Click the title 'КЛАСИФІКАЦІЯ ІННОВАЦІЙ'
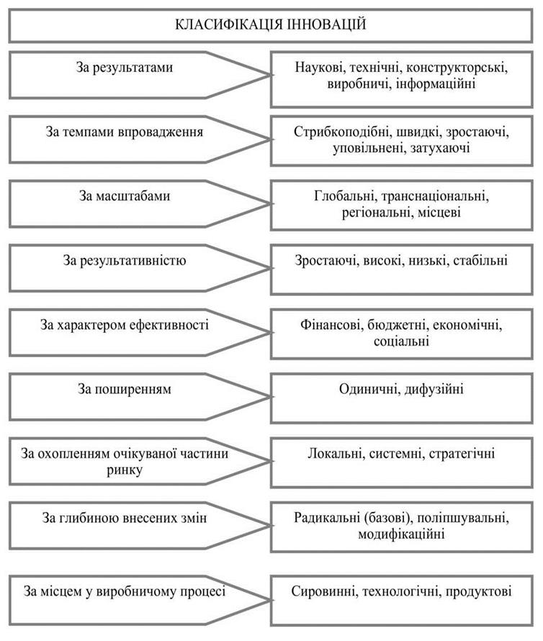tap(271, 24)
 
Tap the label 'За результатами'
tap(125, 68)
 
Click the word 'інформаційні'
tap(436, 84)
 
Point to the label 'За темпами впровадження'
tap(125, 132)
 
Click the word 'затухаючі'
tap(439, 148)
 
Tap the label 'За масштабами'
tap(125, 196)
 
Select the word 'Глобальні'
tap(346, 196)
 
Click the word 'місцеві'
tap(439, 212)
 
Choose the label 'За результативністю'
tap(125, 261)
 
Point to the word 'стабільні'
tap(480, 261)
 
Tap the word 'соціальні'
tap(401, 341)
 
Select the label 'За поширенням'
tap(125, 389)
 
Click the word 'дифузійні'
tap(434, 389)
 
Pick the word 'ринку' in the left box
tap(125, 470)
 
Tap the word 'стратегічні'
tap(462, 454)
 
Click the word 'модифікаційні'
tap(401, 534)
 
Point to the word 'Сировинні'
tap(323, 591)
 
